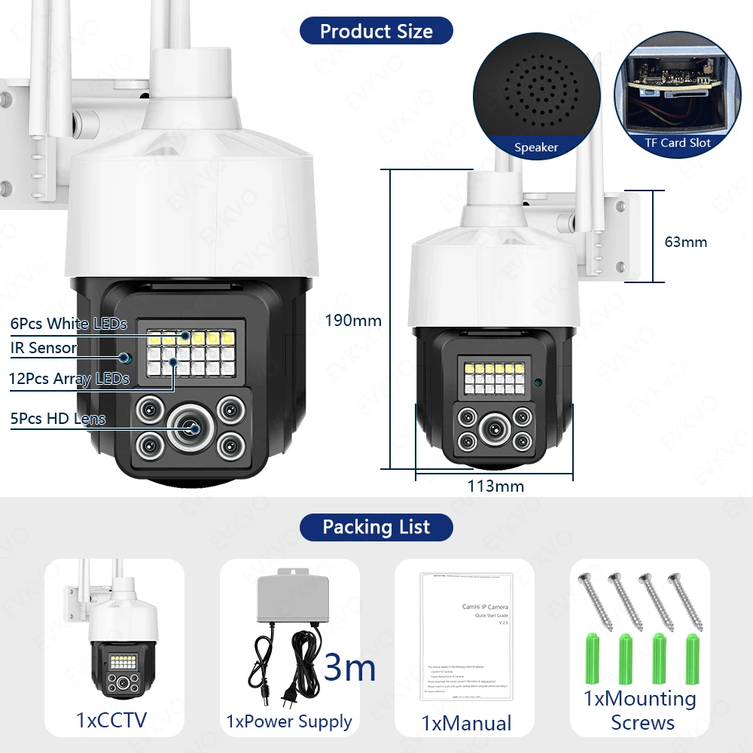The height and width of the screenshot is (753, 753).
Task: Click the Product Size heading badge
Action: [x=376, y=31]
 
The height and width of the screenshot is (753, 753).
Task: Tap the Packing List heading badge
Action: [x=376, y=527]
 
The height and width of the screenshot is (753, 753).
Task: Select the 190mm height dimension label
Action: [x=352, y=321]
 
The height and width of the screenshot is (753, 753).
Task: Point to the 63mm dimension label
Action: [x=685, y=242]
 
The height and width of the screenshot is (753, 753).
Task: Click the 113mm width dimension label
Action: [x=495, y=486]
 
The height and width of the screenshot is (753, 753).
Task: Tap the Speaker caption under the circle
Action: [x=536, y=148]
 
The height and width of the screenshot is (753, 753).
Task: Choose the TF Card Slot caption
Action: [x=678, y=142]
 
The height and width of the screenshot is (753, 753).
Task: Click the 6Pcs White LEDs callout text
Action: [x=69, y=324]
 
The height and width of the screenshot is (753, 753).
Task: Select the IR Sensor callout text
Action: [x=44, y=348]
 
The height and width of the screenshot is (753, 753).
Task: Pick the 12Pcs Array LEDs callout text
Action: [x=69, y=379]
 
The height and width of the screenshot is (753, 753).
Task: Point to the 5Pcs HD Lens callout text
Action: [x=58, y=419]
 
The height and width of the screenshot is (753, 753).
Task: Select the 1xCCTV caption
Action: [x=111, y=720]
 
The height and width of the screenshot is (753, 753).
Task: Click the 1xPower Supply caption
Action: [x=289, y=721]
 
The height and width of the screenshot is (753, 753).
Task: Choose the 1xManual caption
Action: [x=466, y=724]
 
